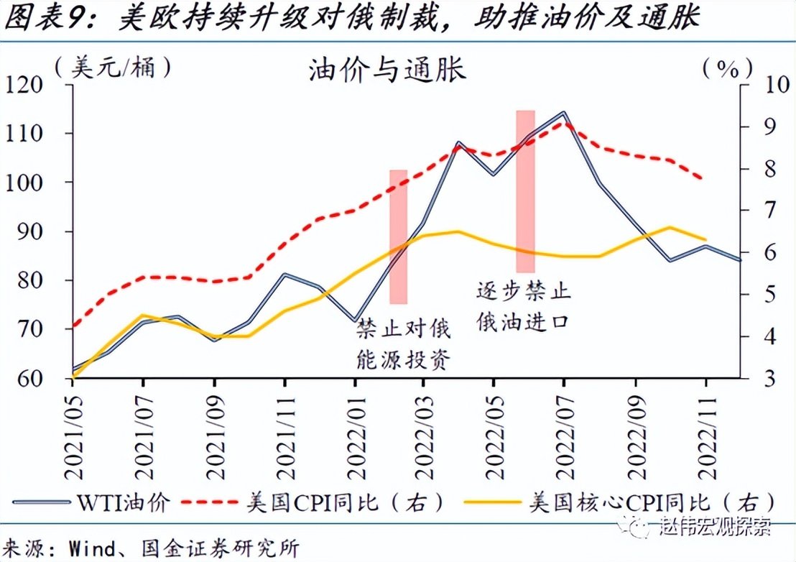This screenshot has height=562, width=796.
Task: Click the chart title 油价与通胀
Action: click(x=387, y=70)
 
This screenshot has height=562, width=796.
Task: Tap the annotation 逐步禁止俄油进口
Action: click(x=523, y=305)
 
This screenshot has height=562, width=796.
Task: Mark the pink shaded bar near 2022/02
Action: click(x=398, y=236)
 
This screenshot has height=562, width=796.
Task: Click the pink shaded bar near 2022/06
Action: click(x=526, y=191)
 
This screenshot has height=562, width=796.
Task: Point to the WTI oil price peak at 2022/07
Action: click(x=563, y=113)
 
